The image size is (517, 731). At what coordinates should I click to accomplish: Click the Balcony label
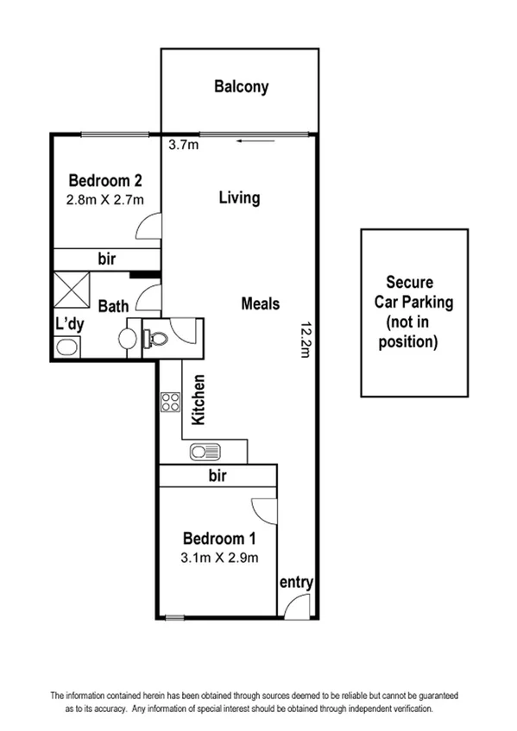(242, 87)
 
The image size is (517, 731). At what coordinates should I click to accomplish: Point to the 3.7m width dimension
(183, 145)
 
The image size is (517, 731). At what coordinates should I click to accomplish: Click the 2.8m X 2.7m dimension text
(104, 200)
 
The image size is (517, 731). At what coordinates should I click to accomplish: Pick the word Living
(239, 198)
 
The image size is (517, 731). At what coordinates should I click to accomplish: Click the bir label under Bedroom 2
(107, 259)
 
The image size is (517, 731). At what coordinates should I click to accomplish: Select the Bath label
(113, 306)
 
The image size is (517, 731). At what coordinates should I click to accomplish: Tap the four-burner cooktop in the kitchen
(169, 401)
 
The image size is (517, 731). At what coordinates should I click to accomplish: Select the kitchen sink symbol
(205, 451)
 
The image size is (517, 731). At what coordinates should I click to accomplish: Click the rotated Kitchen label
(199, 399)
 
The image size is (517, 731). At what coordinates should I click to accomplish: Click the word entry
(295, 583)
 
